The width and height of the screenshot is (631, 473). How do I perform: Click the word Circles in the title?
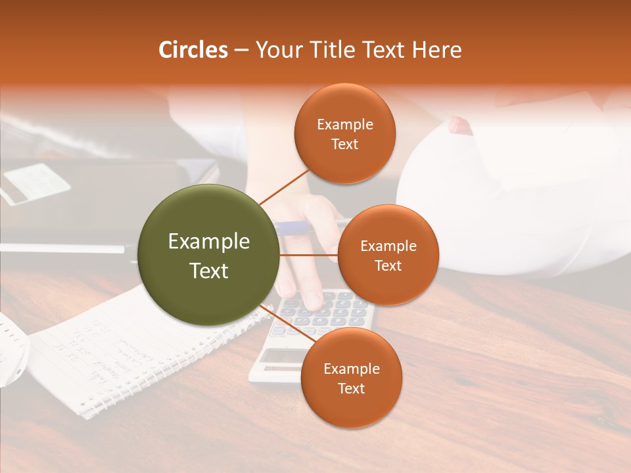click(193, 50)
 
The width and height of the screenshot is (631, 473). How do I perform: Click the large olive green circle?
click(208, 255)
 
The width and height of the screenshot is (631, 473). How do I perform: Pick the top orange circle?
click(344, 133)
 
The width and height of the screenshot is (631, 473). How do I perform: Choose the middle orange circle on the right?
click(388, 255)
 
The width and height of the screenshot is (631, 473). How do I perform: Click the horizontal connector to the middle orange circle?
click(309, 255)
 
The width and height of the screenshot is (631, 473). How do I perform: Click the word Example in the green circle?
click(208, 242)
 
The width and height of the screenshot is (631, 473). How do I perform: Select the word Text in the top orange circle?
click(344, 144)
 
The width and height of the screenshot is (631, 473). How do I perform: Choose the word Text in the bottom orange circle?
click(351, 388)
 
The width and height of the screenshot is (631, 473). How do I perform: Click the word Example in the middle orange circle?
click(388, 246)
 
